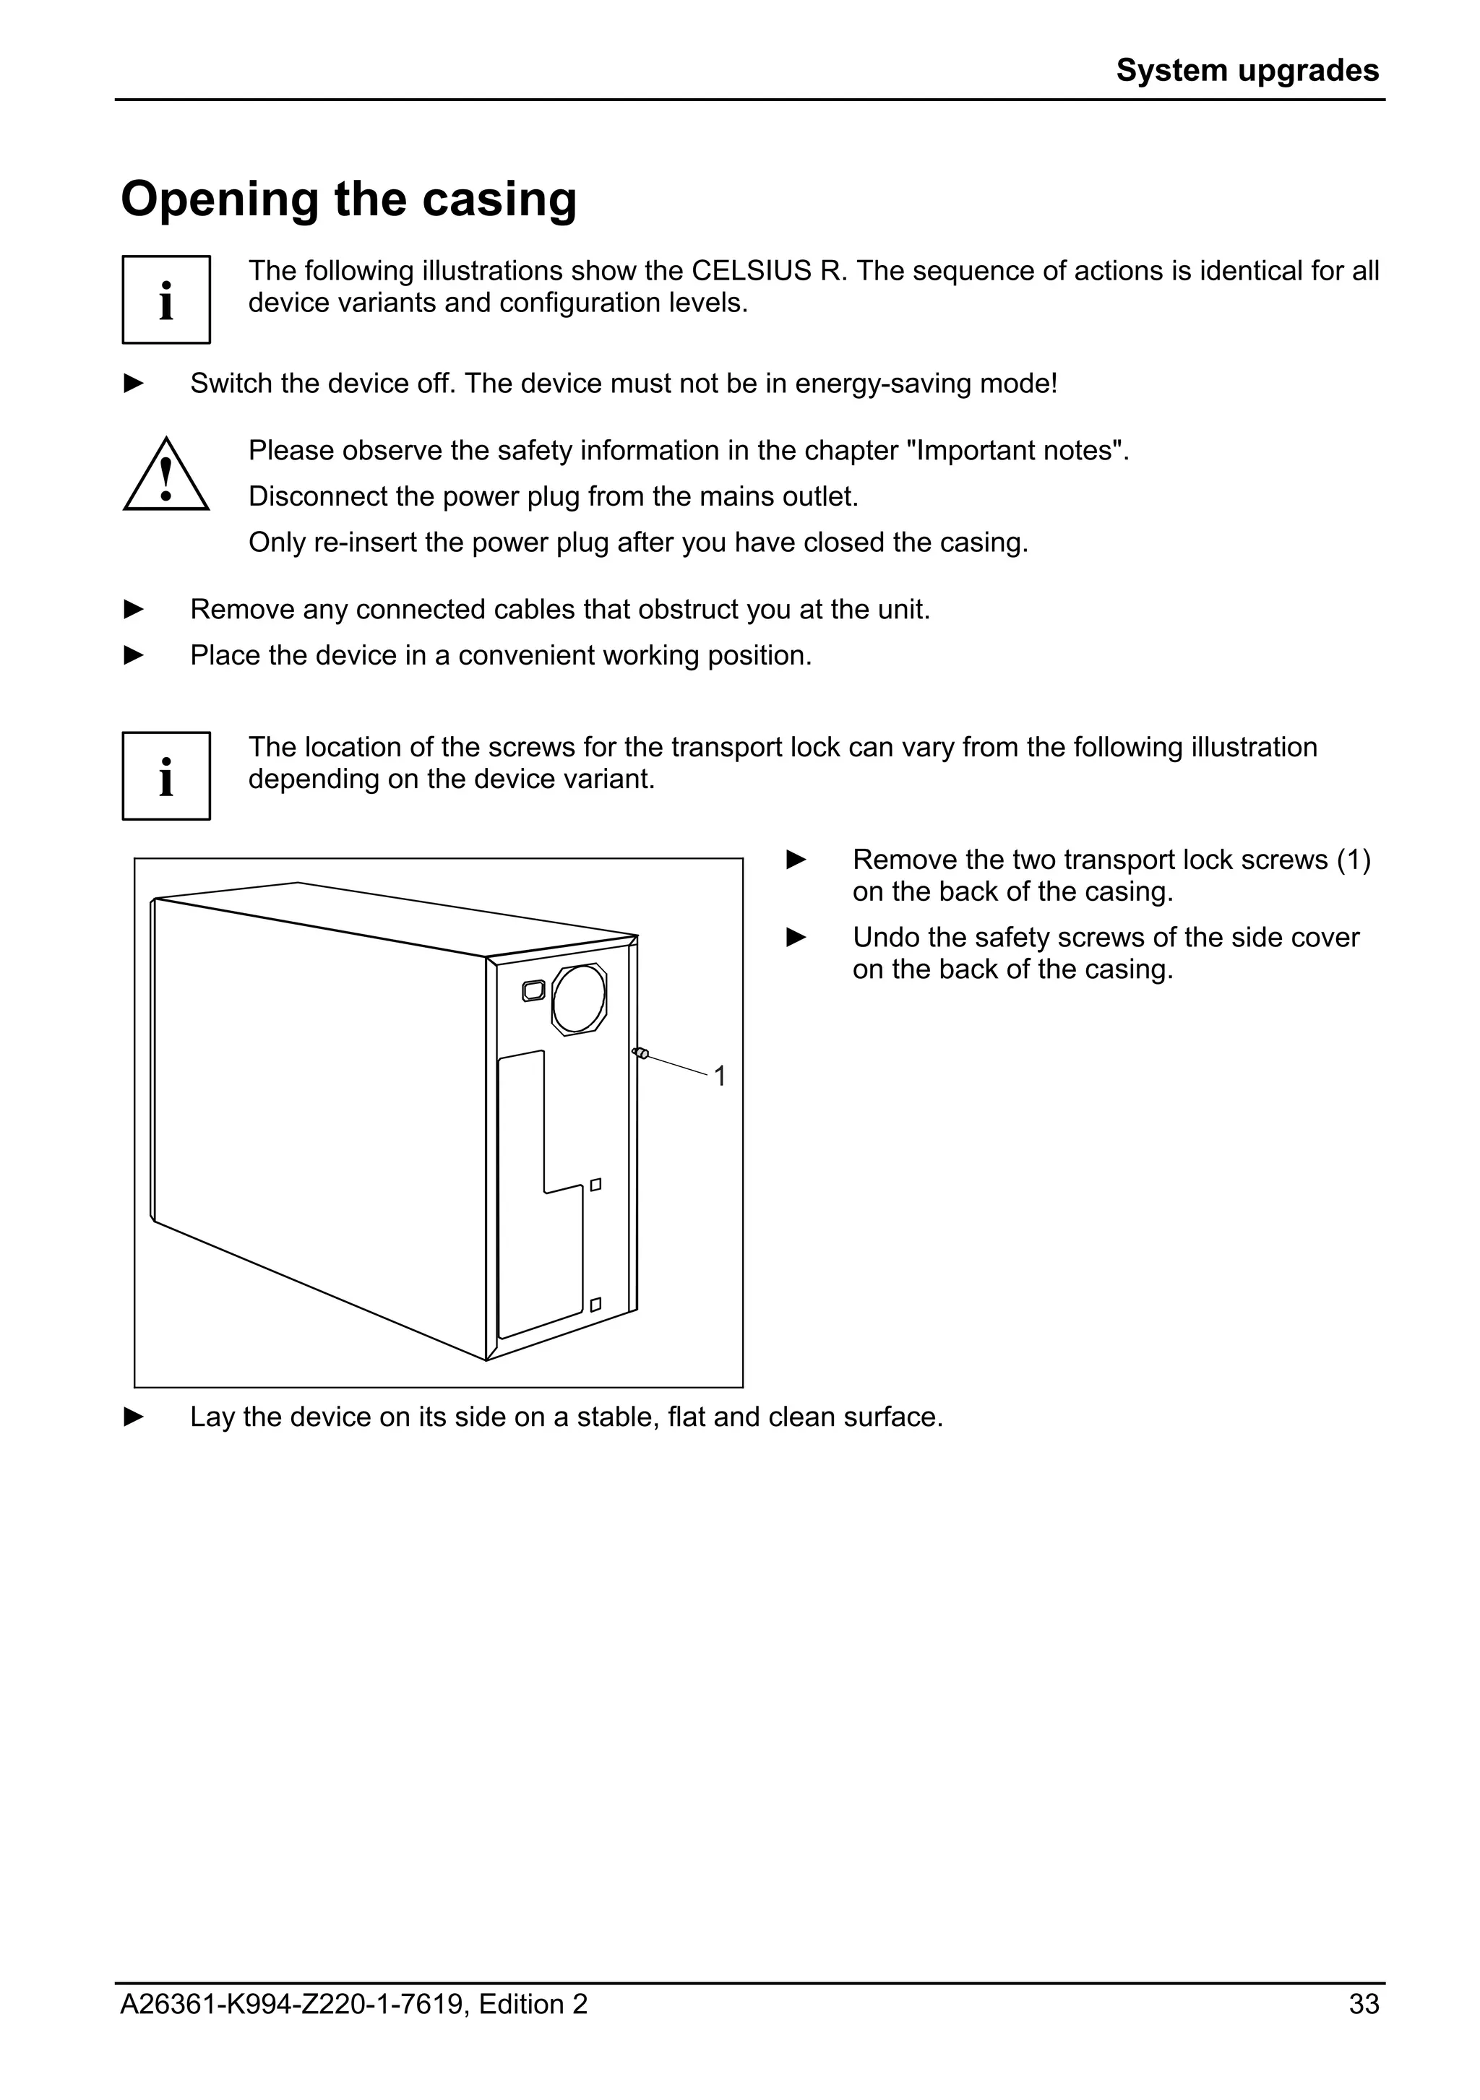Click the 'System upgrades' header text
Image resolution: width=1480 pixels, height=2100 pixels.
[1246, 70]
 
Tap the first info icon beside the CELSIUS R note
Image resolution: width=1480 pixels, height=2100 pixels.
[166, 300]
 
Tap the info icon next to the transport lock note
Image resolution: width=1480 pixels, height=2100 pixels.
[166, 776]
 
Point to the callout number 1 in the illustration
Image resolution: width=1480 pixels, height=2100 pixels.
[719, 1076]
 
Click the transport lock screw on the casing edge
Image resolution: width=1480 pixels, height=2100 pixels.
[641, 1054]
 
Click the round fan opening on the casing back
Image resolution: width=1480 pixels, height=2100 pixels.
[579, 999]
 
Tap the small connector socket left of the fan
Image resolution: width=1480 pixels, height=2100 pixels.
[533, 990]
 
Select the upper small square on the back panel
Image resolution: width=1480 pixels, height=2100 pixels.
[595, 1185]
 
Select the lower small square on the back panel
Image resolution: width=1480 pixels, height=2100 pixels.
[595, 1304]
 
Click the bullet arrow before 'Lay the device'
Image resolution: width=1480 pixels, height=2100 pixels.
[134, 1417]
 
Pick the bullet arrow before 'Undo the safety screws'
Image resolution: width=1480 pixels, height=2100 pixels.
[796, 938]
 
